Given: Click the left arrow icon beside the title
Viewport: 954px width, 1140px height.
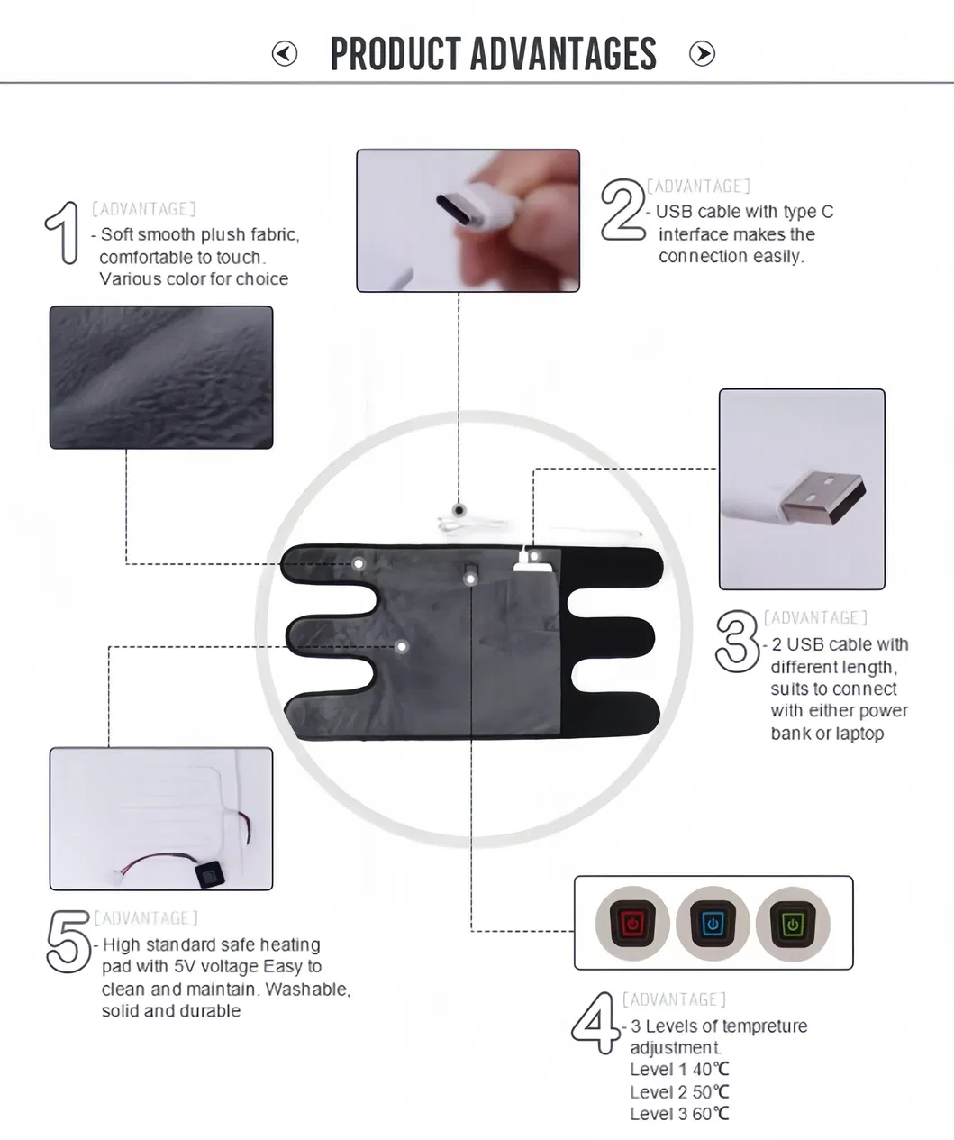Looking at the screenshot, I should (x=285, y=54).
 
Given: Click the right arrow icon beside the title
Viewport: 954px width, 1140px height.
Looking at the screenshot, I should (x=702, y=54).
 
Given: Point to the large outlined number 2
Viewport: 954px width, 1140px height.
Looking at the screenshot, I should (x=623, y=210).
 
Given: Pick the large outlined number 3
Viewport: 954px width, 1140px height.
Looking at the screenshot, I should (x=737, y=642).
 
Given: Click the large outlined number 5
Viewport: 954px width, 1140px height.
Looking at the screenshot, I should (x=68, y=942).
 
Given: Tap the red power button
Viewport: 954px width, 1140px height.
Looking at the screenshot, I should (x=632, y=924).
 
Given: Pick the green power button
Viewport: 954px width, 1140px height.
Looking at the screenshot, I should (x=792, y=924).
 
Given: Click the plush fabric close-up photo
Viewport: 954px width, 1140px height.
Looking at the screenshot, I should (x=161, y=378).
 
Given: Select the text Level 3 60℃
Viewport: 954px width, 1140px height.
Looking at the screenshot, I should (x=679, y=1114).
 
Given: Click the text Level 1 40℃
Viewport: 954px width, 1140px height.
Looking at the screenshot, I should (x=679, y=1070).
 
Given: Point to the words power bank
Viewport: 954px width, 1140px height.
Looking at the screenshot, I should (x=871, y=711).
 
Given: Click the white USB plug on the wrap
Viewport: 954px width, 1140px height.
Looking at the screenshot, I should (x=524, y=561).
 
